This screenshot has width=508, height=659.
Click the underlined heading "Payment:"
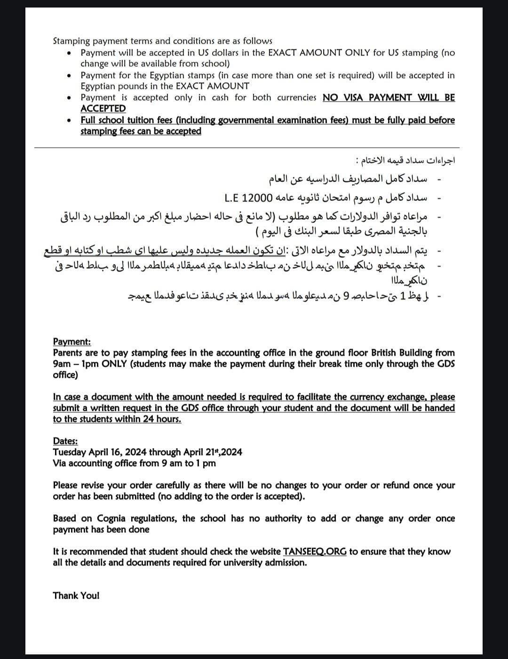(x=72, y=342)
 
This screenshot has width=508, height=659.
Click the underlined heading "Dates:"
(x=65, y=441)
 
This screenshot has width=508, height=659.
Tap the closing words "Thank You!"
(x=76, y=595)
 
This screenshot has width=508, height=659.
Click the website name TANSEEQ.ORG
(x=315, y=551)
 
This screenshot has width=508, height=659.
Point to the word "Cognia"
(x=114, y=518)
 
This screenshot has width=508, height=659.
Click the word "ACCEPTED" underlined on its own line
(x=103, y=108)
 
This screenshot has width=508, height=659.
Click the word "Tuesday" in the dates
(x=70, y=452)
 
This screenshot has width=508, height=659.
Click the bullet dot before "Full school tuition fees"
(x=69, y=121)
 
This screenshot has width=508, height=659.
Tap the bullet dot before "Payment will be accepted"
(x=69, y=53)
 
